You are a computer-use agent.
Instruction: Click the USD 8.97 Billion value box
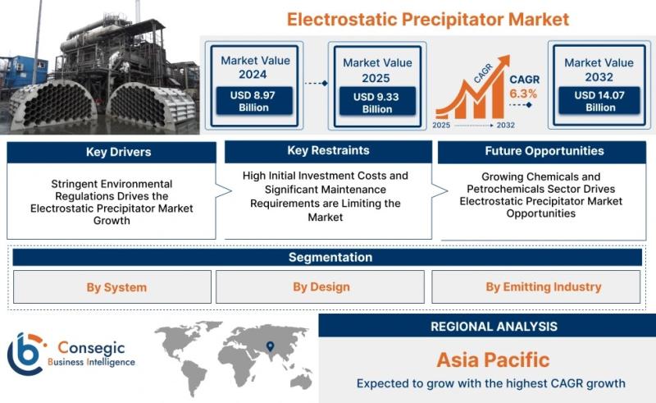pyautogui.click(x=254, y=101)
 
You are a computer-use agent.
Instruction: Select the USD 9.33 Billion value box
pyautogui.click(x=377, y=102)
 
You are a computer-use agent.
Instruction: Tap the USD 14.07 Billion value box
pyautogui.click(x=599, y=101)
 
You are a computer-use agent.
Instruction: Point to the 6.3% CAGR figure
pyautogui.click(x=523, y=94)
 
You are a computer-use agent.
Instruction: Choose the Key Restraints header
pyautogui.click(x=328, y=151)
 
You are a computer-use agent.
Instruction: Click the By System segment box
pyautogui.click(x=112, y=287)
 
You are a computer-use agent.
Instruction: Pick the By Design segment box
pyautogui.click(x=320, y=287)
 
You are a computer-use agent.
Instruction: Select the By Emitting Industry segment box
pyautogui.click(x=536, y=287)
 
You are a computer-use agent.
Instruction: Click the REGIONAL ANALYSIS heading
pyautogui.click(x=494, y=327)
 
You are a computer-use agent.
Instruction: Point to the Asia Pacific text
pyautogui.click(x=493, y=359)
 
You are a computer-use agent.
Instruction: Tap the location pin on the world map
pyautogui.click(x=271, y=346)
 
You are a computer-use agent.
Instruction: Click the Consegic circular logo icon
pyautogui.click(x=26, y=355)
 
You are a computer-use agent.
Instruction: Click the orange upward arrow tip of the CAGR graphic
pyautogui.click(x=508, y=57)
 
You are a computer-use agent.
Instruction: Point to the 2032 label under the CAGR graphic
pyautogui.click(x=505, y=125)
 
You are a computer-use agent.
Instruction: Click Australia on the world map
pyautogui.click(x=300, y=381)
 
